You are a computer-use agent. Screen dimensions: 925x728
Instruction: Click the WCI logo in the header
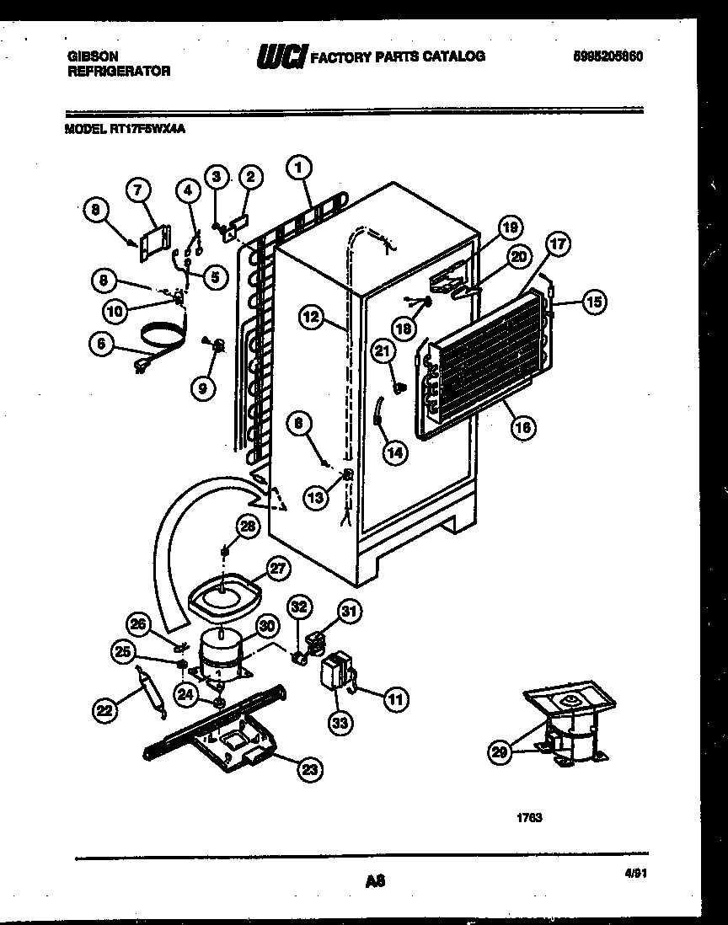coord(283,56)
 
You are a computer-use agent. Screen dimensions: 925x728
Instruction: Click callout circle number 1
coord(297,168)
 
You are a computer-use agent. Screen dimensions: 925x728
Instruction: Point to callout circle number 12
coord(311,317)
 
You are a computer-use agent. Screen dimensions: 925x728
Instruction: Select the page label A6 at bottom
coord(375,881)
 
